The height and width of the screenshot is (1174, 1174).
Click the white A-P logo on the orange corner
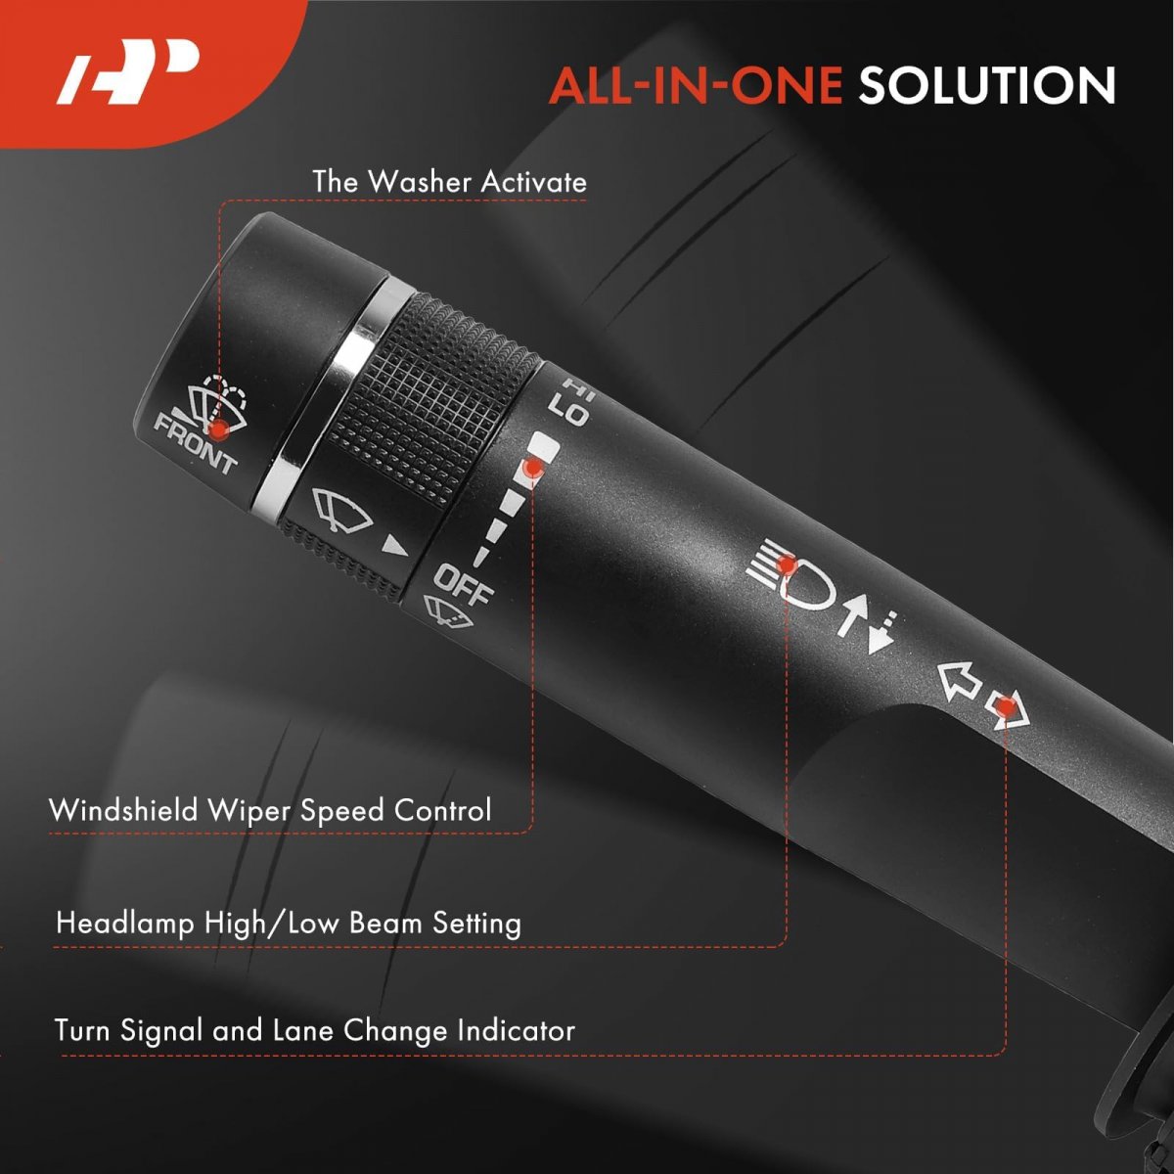[x=128, y=71]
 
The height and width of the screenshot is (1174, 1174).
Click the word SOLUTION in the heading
[x=987, y=86]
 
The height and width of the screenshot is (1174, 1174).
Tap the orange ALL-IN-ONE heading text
[x=696, y=86]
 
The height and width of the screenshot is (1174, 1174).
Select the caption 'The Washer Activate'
[x=450, y=182]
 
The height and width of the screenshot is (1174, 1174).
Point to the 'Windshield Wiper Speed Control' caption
[x=270, y=810]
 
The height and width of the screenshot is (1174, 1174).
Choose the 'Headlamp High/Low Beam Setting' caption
[x=289, y=923]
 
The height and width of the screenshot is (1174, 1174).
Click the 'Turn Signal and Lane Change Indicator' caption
[x=314, y=1030]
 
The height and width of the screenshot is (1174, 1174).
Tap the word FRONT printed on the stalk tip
[x=195, y=443]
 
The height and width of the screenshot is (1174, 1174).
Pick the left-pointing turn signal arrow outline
[x=959, y=680]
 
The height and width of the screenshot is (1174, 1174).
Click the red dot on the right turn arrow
[x=1006, y=707]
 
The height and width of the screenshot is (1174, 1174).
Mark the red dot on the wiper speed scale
[x=534, y=468]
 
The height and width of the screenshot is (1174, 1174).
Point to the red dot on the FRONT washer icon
[x=217, y=429]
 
